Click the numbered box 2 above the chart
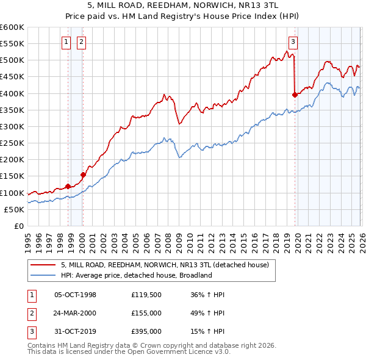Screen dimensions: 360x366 point(81,42)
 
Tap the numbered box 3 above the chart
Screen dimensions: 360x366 point(293,42)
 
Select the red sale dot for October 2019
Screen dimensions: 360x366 point(295,95)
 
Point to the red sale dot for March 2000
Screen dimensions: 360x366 point(83,175)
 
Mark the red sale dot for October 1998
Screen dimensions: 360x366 point(68,186)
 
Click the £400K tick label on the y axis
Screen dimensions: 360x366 point(12,93)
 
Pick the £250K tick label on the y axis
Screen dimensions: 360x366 point(12,143)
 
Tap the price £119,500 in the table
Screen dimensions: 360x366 point(146,295)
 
